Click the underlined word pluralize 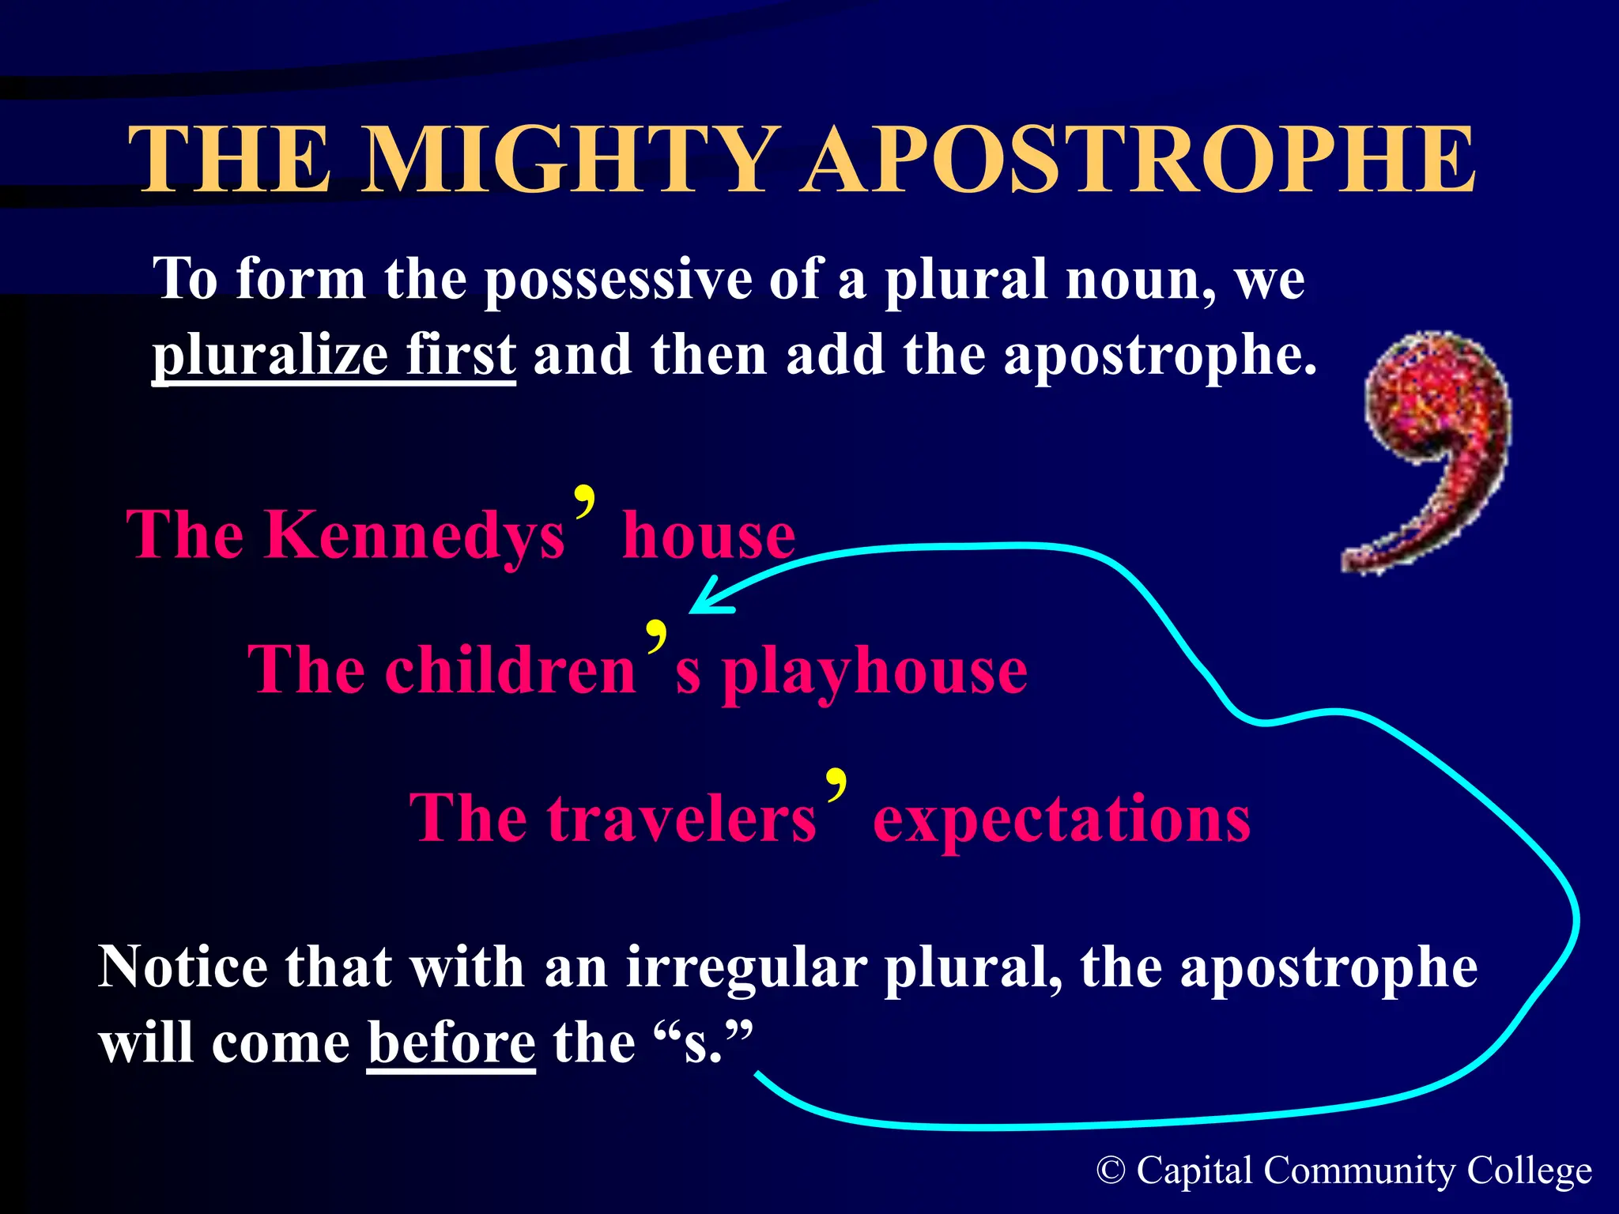[x=270, y=356]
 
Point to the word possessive [x=617, y=281]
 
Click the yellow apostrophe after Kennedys [x=585, y=503]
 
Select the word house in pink [x=708, y=536]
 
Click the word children [x=511, y=670]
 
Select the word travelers [x=681, y=819]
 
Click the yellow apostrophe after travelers [x=836, y=784]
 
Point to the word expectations [x=1061, y=820]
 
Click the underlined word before [x=451, y=1043]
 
